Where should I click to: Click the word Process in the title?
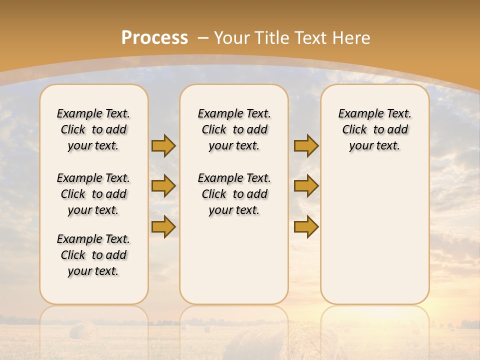pyautogui.click(x=154, y=37)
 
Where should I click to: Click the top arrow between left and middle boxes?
pyautogui.click(x=163, y=145)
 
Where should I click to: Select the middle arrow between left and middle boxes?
pyautogui.click(x=163, y=186)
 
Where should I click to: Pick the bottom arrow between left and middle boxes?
pyautogui.click(x=163, y=226)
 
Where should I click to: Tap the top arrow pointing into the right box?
pyautogui.click(x=306, y=145)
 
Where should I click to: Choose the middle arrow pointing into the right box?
pyautogui.click(x=306, y=186)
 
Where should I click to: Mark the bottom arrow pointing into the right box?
pyautogui.click(x=306, y=226)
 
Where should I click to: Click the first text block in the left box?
pyautogui.click(x=93, y=129)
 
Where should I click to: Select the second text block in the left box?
pyautogui.click(x=93, y=194)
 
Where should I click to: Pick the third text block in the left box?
pyautogui.click(x=93, y=255)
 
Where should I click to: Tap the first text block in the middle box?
pyautogui.click(x=234, y=129)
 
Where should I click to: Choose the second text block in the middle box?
pyautogui.click(x=234, y=194)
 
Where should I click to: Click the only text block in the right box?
pyautogui.click(x=375, y=129)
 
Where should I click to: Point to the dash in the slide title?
pyautogui.click(x=203, y=38)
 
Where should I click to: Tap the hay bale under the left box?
pyautogui.click(x=83, y=331)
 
